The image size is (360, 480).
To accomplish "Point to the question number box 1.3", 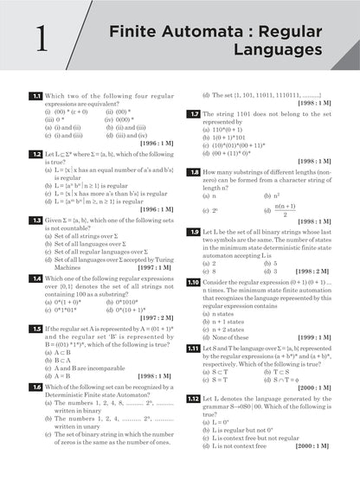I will point(36,221).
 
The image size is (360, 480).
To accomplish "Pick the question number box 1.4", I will point(36,278).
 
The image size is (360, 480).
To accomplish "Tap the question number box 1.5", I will point(36,330).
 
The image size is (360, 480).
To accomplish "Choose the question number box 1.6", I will point(36,387).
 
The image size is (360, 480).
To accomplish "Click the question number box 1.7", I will point(196,113).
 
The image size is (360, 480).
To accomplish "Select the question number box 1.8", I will point(196,172).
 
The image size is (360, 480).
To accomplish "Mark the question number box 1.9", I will point(196,232).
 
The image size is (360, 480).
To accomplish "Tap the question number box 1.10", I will point(196,282).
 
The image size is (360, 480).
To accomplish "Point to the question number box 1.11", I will point(196,348).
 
